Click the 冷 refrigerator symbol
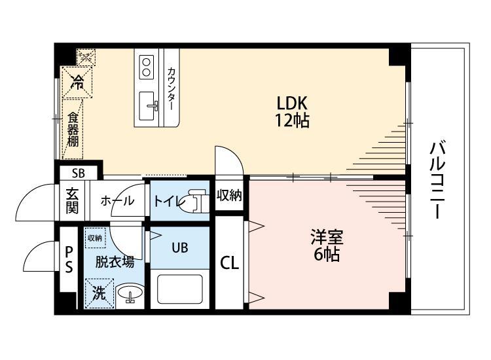pyautogui.click(x=77, y=82)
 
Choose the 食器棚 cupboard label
pyautogui.click(x=73, y=130)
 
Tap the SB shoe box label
pyautogui.click(x=79, y=173)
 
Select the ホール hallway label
pyautogui.click(x=118, y=202)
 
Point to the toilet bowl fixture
pyautogui.click(x=194, y=202)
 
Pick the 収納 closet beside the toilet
pyautogui.click(x=230, y=194)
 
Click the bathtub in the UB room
pyautogui.click(x=179, y=289)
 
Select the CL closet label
pyautogui.click(x=229, y=263)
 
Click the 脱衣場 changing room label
pyautogui.click(x=115, y=262)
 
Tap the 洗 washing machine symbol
pyautogui.click(x=98, y=293)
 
